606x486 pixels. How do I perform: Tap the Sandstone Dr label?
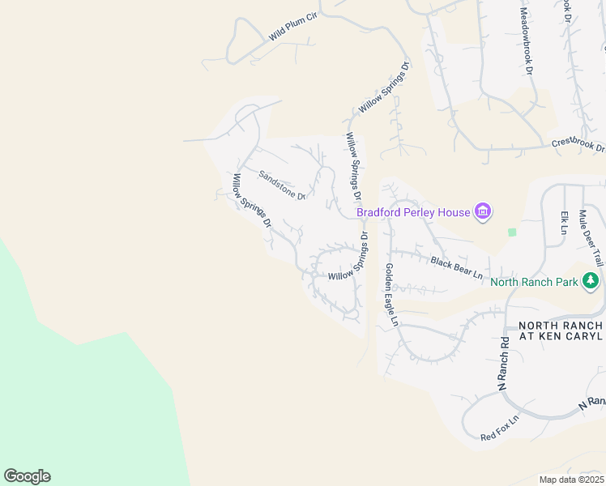(281, 184)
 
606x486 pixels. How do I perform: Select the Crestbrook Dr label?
(578, 144)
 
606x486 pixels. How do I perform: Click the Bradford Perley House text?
(414, 212)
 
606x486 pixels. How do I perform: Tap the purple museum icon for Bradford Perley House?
(483, 212)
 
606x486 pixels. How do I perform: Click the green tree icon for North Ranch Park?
(591, 281)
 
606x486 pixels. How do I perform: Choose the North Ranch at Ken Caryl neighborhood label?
(561, 330)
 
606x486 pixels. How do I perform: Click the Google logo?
(27, 476)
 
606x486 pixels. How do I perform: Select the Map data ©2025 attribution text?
(571, 480)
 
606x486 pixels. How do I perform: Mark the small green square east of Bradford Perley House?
(512, 232)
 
